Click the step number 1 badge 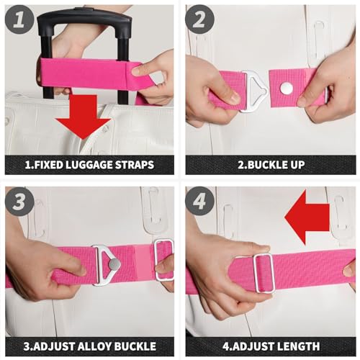(20, 22)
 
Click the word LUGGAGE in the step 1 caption (94, 165)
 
